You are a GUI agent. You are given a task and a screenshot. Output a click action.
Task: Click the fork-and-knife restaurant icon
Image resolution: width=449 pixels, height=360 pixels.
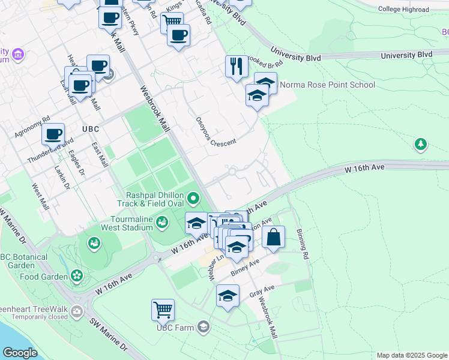click(237, 66)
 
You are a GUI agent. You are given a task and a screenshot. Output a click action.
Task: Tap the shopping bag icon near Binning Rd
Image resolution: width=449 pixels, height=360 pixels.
click(273, 236)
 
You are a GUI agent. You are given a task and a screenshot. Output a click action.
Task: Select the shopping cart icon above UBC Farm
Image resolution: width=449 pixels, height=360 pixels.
click(163, 310)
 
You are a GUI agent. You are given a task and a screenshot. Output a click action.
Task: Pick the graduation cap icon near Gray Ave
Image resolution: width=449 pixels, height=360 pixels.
click(228, 295)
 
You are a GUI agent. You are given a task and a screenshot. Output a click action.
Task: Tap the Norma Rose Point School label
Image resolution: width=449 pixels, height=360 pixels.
click(327, 85)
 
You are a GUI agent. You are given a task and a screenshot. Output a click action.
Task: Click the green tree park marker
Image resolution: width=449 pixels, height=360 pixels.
click(421, 144)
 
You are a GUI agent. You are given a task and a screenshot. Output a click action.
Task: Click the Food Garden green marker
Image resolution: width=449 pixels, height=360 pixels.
click(77, 275)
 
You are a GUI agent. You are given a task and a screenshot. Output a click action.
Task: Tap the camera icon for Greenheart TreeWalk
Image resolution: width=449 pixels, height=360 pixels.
click(76, 311)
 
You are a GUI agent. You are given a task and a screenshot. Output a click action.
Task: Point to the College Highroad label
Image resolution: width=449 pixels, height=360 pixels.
click(404, 10)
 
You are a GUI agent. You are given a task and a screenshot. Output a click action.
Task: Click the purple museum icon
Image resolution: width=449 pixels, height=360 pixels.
click(18, 55)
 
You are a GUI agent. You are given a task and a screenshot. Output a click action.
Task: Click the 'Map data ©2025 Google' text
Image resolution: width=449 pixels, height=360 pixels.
click(411, 355)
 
